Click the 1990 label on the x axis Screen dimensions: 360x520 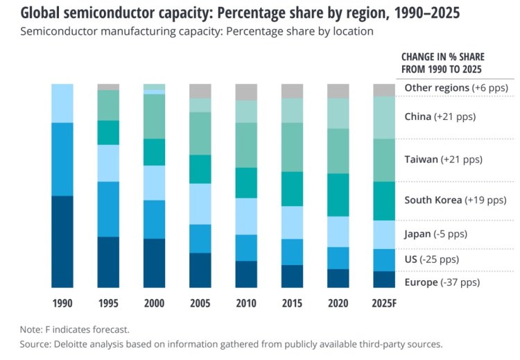point(62,303)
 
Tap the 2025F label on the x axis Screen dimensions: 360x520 point(383,303)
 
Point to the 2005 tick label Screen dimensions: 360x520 point(200,303)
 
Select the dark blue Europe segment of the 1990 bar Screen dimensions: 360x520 point(62,241)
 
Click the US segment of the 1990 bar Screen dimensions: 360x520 point(62,159)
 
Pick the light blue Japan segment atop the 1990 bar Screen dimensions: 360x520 point(62,103)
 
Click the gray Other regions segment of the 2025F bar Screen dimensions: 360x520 point(383,90)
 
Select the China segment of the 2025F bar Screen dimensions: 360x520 point(383,117)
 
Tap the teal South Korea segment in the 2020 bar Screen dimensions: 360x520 point(338,195)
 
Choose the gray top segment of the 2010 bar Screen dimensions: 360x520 point(246,92)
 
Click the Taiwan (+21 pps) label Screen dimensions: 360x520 point(443,160)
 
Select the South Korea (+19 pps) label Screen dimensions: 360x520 point(456,200)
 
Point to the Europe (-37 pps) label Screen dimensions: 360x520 point(442,282)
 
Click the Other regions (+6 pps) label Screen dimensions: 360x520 point(456,88)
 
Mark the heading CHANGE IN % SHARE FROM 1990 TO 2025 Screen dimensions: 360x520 point(442,62)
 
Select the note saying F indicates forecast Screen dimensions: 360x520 point(75,329)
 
